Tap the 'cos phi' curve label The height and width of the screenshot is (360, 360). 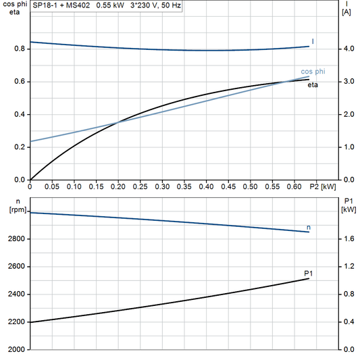311,72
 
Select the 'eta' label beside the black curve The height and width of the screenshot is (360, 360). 313,84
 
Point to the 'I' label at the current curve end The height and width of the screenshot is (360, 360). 313,43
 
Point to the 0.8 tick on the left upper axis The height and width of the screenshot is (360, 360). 19,49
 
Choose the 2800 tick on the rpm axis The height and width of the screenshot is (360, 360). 16,239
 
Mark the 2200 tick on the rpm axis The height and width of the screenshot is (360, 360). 16,322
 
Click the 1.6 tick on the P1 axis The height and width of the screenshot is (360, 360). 348,239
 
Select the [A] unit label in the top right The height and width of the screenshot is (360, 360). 346,12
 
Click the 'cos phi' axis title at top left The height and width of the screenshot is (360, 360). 14,4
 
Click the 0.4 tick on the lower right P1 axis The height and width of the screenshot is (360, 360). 348,322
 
